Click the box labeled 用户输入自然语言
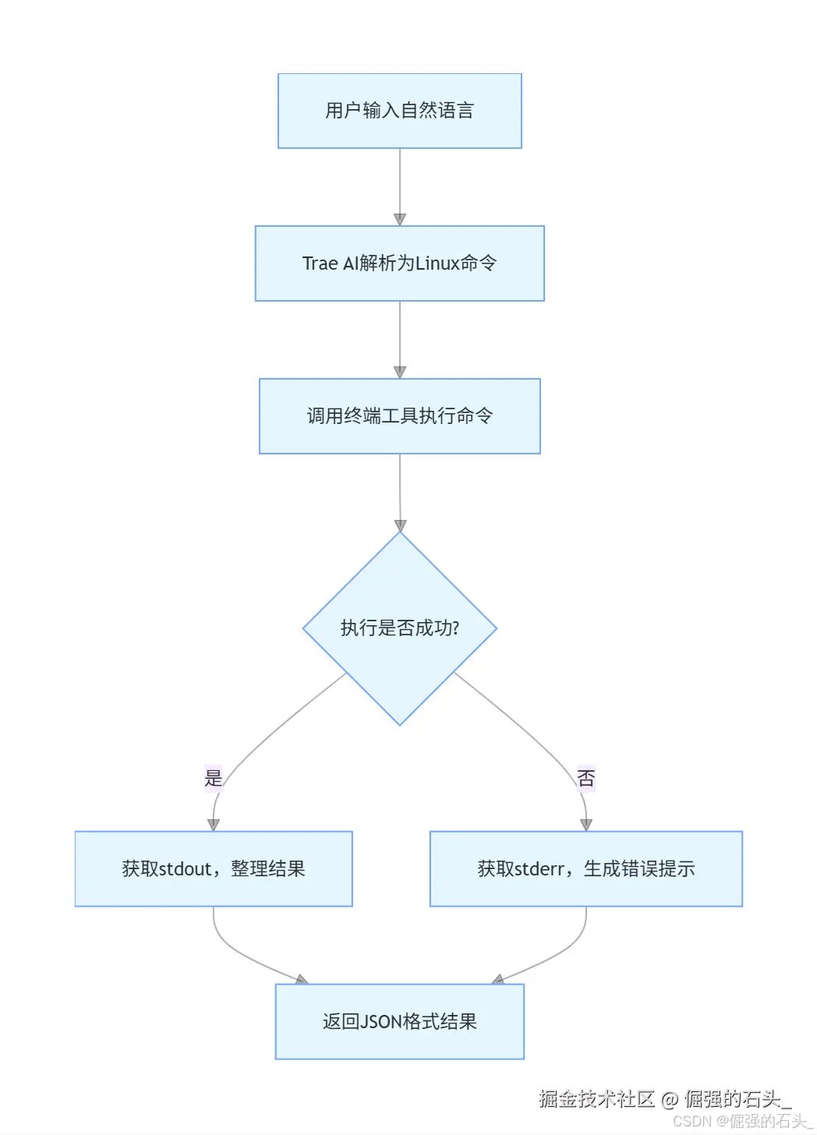point(399,111)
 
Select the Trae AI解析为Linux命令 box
point(399,263)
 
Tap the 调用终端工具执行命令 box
point(399,416)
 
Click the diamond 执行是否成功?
point(399,628)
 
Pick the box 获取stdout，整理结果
point(213,868)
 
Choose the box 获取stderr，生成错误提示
point(585,868)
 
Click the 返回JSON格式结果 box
point(399,1021)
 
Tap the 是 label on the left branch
point(213,778)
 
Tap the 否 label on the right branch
point(585,778)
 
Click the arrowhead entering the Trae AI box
point(400,219)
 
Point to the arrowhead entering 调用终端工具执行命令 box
point(400,372)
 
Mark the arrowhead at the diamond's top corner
point(400,525)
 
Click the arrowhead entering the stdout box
point(214,824)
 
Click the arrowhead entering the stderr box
point(586,824)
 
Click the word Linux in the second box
point(437,263)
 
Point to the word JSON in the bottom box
point(381,1021)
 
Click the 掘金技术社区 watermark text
point(596,1099)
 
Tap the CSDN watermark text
point(692,1121)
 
